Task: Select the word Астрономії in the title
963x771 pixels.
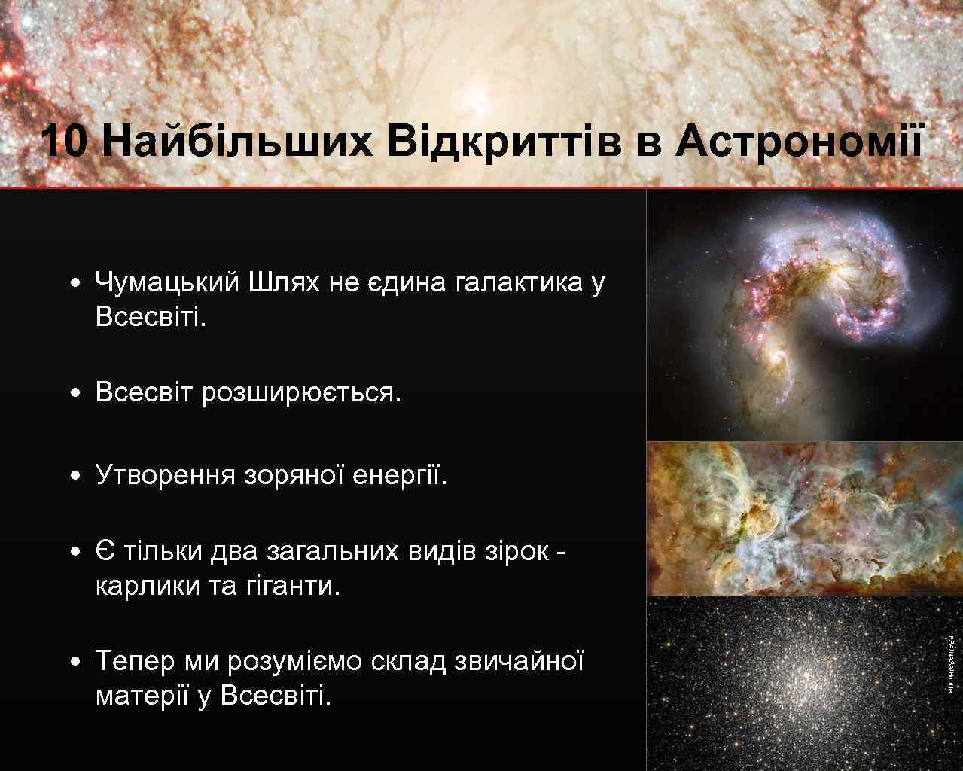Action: pos(799,142)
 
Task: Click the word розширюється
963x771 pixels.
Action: pos(301,393)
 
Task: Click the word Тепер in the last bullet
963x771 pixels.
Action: pos(135,662)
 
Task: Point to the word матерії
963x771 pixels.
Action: pos(142,696)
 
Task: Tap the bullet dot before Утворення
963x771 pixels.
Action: pos(75,477)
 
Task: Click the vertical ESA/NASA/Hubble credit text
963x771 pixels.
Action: pos(951,663)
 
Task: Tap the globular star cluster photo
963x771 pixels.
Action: pos(798,682)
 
